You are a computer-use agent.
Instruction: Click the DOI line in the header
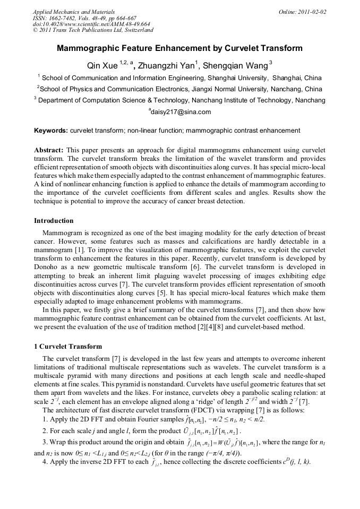pos(91,24)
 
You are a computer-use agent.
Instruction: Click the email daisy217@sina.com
pos(181,111)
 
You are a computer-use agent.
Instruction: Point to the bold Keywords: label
pos(51,130)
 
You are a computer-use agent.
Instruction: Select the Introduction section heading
pos(54,220)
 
